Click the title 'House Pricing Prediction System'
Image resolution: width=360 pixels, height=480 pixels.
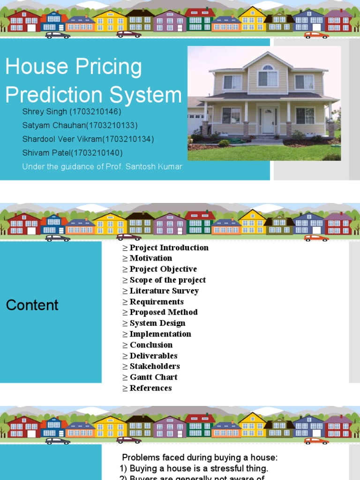(x=93, y=81)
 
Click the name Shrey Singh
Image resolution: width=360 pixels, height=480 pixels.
(x=43, y=112)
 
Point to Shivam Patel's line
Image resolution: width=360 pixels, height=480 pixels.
(x=72, y=153)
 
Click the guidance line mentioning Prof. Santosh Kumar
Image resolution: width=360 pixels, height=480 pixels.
(x=102, y=167)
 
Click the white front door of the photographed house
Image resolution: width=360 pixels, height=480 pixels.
(x=268, y=121)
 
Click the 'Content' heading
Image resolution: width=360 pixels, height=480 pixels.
(x=32, y=305)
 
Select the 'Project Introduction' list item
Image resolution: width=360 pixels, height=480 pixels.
(x=169, y=247)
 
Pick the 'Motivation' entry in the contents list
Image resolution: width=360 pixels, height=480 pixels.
(x=150, y=258)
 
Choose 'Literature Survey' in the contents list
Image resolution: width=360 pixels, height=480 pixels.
(x=164, y=291)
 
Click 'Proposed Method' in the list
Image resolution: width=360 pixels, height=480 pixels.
(x=164, y=312)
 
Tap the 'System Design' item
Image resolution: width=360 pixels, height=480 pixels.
(x=157, y=323)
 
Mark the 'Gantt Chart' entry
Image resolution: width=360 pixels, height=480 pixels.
(x=153, y=377)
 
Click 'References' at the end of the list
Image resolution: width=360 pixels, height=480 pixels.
(x=150, y=388)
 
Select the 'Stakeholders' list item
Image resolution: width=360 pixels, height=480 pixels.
(x=155, y=366)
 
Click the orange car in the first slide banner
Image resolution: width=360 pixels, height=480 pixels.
(x=316, y=35)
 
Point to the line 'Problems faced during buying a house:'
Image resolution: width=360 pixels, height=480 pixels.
(x=200, y=457)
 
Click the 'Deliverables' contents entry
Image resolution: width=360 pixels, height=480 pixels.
(x=153, y=356)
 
